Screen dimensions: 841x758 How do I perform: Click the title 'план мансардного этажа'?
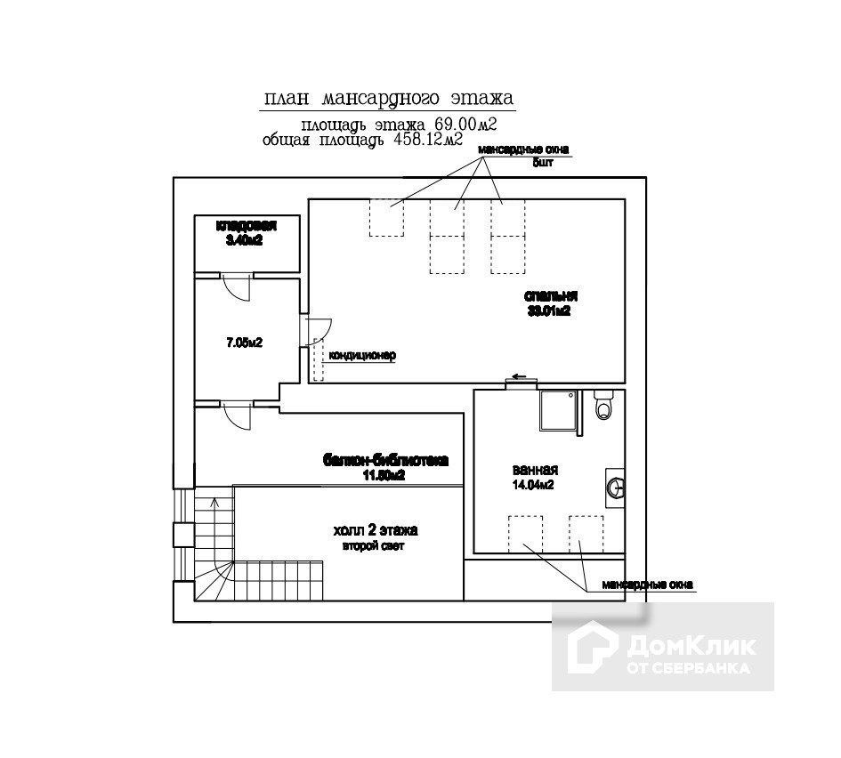pyautogui.click(x=389, y=97)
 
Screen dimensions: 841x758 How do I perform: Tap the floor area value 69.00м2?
pyautogui.click(x=465, y=124)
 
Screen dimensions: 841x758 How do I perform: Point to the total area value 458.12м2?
pyautogui.click(x=427, y=141)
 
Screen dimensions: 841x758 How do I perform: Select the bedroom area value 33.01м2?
pyautogui.click(x=549, y=311)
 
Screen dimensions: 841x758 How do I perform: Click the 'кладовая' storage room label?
pyautogui.click(x=246, y=226)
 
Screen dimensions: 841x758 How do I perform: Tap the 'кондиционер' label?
pyautogui.click(x=362, y=356)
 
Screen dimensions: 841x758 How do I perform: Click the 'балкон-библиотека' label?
pyautogui.click(x=385, y=461)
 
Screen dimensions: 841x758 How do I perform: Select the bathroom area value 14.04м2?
pyautogui.click(x=534, y=486)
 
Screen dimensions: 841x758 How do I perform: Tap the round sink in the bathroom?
pyautogui.click(x=615, y=487)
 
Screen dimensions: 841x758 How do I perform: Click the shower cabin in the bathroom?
pyautogui.click(x=558, y=410)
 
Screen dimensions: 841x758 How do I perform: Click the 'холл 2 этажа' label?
pyautogui.click(x=375, y=530)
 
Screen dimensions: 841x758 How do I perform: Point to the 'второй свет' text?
pyautogui.click(x=374, y=546)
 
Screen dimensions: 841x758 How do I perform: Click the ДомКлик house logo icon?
pyautogui.click(x=591, y=647)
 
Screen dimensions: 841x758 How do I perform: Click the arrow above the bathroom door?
pyautogui.click(x=519, y=375)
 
